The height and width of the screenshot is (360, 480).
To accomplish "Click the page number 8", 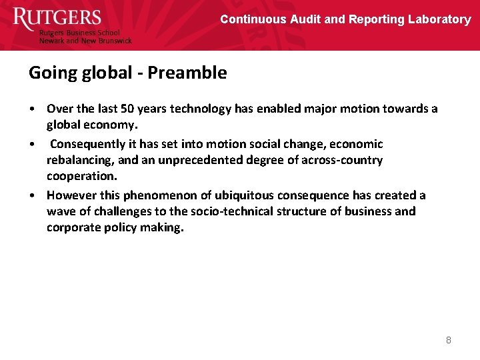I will point(449,340).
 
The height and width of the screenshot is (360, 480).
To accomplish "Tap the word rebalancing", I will point(79,160).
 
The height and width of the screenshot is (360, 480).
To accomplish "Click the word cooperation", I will point(81,176).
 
